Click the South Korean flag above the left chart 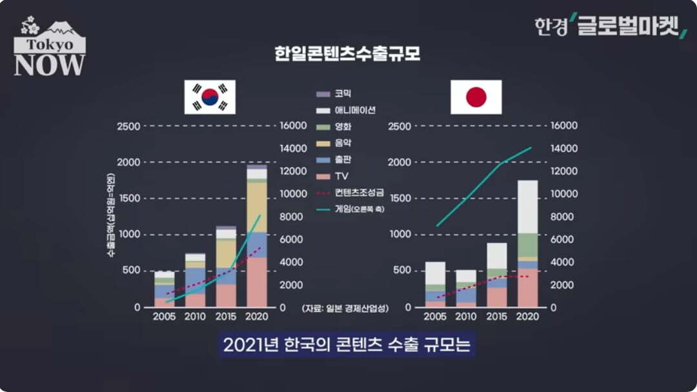[210, 97]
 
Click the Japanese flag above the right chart [476, 97]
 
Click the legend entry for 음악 [343, 142]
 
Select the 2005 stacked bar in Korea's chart [164, 289]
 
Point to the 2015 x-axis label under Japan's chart [497, 317]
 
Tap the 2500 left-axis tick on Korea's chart [128, 126]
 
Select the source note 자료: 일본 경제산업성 [345, 309]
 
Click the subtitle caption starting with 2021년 [347, 345]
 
